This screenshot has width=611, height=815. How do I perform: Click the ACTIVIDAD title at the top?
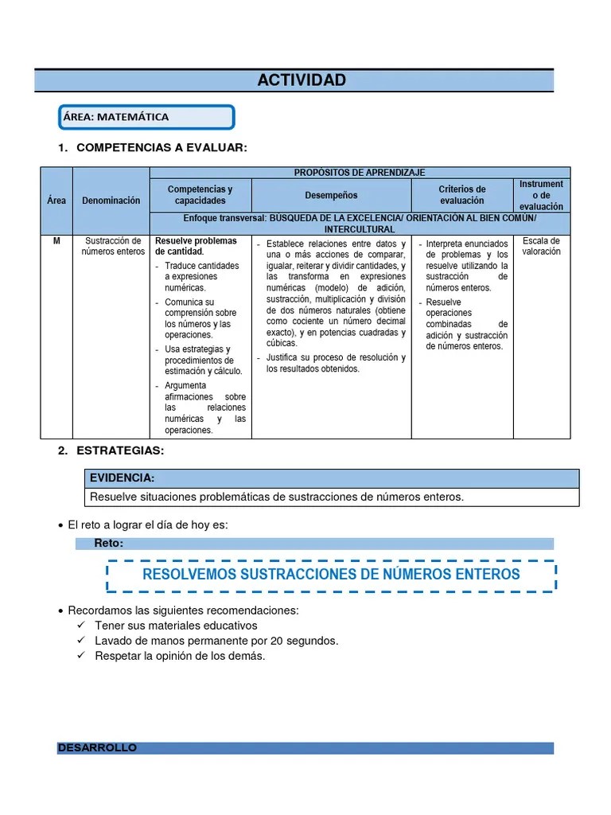coord(302,80)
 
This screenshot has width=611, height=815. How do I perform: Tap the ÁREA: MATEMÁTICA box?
coord(146,117)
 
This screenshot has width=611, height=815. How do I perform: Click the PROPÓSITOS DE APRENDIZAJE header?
coord(360,172)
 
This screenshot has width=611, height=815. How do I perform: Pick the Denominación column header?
coord(111,201)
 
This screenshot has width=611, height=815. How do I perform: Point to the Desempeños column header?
coord(331,195)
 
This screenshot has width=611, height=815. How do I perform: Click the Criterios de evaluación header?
coord(461,195)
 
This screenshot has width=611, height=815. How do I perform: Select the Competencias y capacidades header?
coord(200,195)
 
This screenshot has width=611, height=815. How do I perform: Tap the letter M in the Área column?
coord(56,241)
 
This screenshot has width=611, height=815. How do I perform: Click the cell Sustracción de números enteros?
coord(111,246)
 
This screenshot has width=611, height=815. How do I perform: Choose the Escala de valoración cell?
coord(541,246)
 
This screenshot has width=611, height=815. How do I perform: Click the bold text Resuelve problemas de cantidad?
coord(196,246)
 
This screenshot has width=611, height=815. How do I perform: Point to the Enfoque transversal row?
coord(360,224)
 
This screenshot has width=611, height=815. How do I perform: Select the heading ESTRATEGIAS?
coord(119,450)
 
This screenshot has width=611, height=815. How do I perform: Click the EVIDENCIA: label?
coord(122,478)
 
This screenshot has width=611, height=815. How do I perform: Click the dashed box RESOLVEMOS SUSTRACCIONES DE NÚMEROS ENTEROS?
coord(331,575)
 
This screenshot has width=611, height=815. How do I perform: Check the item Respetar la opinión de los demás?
coord(180,656)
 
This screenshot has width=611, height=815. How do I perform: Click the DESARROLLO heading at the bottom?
coord(97,748)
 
